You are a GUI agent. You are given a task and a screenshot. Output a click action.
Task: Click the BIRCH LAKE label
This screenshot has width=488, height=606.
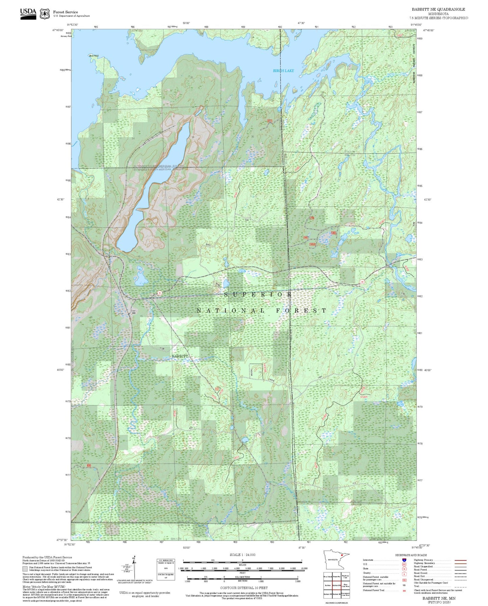pos(283,71)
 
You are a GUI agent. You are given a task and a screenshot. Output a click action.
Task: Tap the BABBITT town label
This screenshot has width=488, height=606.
pos(180,356)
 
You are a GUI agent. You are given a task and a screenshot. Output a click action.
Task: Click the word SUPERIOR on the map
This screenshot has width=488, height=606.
pos(258,295)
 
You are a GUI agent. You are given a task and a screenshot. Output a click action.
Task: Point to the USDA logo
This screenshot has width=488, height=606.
pos(28,14)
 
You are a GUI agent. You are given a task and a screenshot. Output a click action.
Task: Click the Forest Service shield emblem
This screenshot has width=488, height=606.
pos(45,14)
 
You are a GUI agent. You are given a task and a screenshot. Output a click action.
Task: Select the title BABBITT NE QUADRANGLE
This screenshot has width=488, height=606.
pos(438,9)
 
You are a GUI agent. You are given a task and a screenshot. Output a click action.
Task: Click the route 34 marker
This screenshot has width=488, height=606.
pos(362,281)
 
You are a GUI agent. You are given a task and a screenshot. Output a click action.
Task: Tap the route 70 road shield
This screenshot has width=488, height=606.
pos(159,293)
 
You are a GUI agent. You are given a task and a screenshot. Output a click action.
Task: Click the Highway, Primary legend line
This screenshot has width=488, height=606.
pos(460,560)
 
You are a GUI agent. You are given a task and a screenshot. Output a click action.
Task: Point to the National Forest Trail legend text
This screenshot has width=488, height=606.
pos(374,590)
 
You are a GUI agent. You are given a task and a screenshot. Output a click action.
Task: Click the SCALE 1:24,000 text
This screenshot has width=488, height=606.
pos(242,554)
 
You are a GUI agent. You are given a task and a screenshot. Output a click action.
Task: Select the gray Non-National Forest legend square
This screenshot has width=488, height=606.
pos(25,569)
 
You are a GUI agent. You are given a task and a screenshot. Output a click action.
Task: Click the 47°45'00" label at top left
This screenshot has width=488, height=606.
pos(58,30)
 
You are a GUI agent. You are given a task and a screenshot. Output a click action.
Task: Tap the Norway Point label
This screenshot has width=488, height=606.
pos(66,36)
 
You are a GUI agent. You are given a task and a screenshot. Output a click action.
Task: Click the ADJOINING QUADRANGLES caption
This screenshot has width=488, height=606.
pos(336,603)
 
